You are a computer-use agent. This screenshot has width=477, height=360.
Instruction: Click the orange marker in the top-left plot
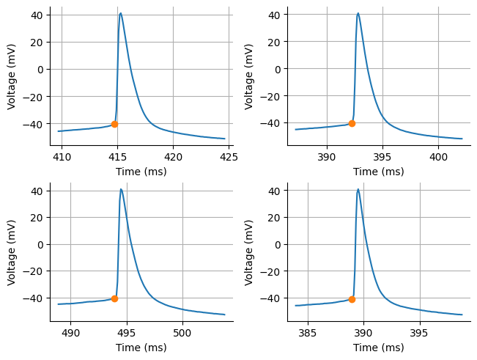pyautogui.click(x=114, y=124)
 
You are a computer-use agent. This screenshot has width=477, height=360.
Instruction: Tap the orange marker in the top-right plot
pyautogui.click(x=352, y=123)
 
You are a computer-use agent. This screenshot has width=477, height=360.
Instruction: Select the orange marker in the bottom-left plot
pyautogui.click(x=114, y=298)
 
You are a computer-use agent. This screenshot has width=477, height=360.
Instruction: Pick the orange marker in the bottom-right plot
pyautogui.click(x=352, y=299)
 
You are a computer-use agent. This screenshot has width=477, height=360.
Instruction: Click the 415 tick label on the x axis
pyautogui.click(x=117, y=156)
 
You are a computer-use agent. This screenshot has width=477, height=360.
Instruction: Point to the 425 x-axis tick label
pyautogui.click(x=229, y=156)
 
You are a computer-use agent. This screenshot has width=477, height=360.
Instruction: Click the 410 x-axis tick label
pyautogui.click(x=62, y=156)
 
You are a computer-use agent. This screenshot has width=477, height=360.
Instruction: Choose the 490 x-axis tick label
pyautogui.click(x=70, y=331)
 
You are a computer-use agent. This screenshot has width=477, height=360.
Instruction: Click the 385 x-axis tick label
pyautogui.click(x=308, y=331)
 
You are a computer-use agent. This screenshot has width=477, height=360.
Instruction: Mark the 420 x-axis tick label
pyautogui.click(x=173, y=156)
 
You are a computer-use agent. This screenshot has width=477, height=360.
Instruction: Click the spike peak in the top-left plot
pyautogui.click(x=121, y=13)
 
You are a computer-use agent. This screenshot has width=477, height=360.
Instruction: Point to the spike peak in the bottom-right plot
pyautogui.click(x=358, y=189)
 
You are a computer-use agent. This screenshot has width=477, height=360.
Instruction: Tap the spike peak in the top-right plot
pyautogui.click(x=358, y=13)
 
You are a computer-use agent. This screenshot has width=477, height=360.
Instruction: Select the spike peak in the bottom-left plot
pyautogui.click(x=121, y=189)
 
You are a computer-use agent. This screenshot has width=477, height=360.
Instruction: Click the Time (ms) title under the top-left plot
pyautogui.click(x=141, y=172)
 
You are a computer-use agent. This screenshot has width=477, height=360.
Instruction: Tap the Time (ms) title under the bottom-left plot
pyautogui.click(x=141, y=347)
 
